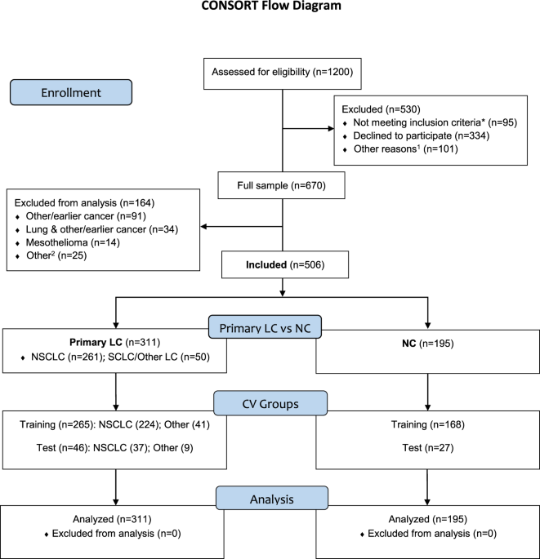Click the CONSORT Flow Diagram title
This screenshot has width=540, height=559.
(x=271, y=6)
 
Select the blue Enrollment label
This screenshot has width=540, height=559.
(x=71, y=92)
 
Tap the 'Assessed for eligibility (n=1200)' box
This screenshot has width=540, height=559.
(x=283, y=73)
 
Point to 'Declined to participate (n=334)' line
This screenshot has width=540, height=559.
(x=422, y=135)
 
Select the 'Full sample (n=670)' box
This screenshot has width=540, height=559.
(x=281, y=185)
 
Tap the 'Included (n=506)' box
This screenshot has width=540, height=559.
(x=285, y=264)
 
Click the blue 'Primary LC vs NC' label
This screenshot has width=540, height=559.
(x=265, y=327)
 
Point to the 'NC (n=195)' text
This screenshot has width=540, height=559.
(x=427, y=344)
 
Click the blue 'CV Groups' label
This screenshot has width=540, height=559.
(x=270, y=403)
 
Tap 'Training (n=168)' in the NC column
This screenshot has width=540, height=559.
(x=427, y=424)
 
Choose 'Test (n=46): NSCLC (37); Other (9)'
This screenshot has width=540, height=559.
(x=114, y=448)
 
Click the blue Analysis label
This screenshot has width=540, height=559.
(x=271, y=498)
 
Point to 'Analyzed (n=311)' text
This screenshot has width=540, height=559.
(x=112, y=520)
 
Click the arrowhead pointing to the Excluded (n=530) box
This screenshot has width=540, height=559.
(x=331, y=128)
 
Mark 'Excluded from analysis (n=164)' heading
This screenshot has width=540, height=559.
(x=84, y=203)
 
